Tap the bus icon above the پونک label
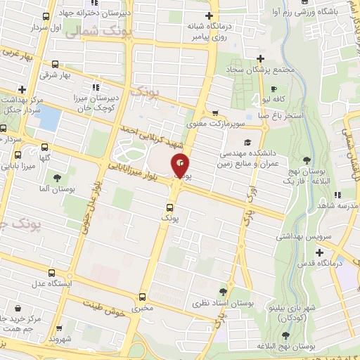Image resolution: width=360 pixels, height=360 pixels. point(169,207)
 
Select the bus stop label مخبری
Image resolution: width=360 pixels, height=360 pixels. point(143,308)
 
